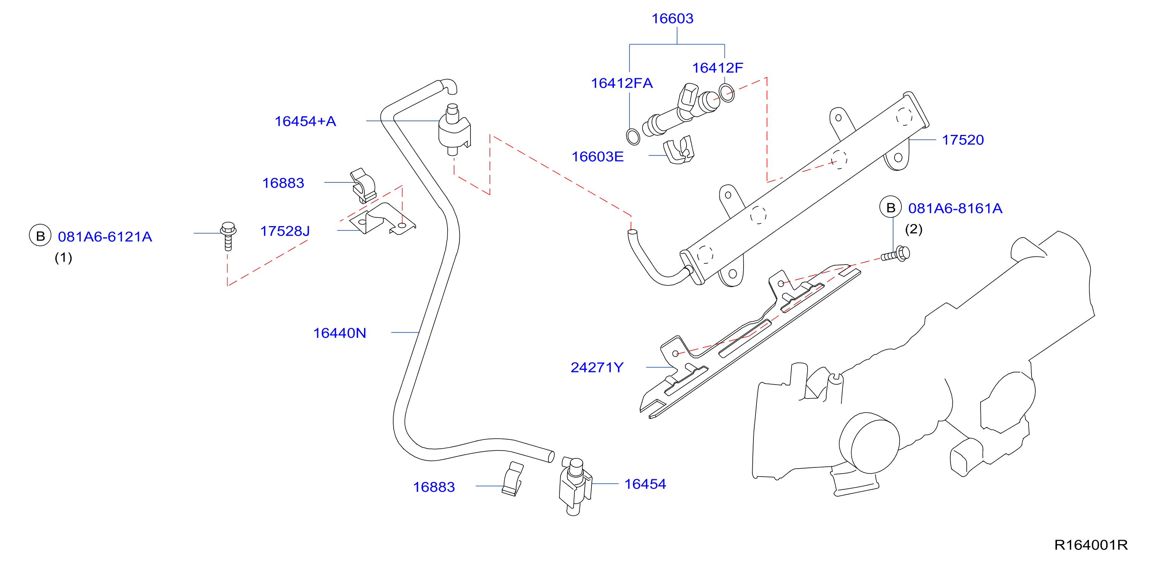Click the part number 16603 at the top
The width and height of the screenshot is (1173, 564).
672,19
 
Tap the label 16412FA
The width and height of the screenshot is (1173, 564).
621,83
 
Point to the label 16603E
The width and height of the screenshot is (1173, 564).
598,157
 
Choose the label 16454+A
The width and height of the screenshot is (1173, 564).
305,122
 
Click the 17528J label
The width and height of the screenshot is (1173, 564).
285,231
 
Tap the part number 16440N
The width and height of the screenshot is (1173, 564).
339,333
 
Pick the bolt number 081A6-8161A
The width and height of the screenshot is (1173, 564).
955,208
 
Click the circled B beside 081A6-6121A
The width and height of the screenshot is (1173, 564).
40,236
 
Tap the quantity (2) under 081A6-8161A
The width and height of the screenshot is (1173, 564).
914,229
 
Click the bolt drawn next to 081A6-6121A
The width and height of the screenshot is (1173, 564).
228,236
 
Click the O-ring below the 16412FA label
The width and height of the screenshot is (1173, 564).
633,136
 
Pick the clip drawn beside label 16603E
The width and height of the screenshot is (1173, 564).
679,150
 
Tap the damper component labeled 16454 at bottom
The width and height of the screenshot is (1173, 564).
575,486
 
